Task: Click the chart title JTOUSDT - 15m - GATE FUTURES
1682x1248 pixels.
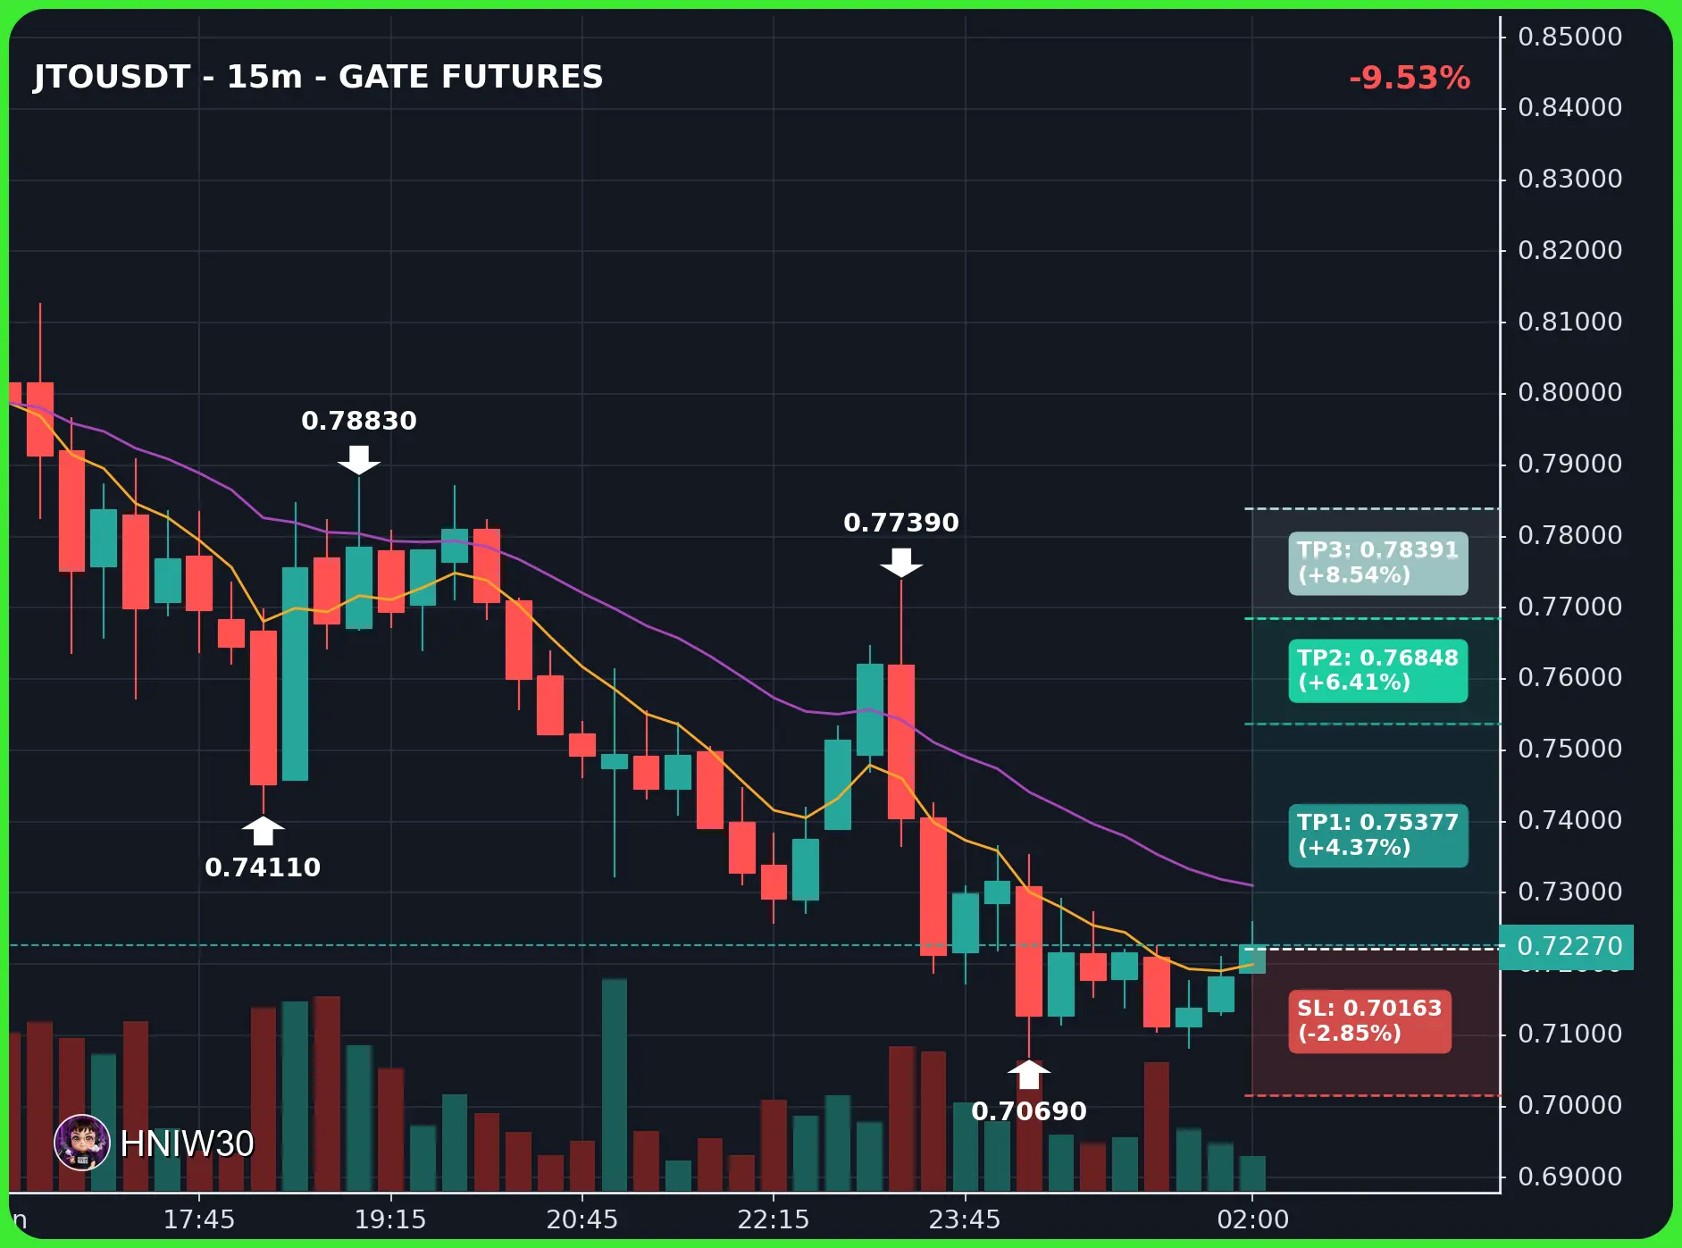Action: click(x=318, y=77)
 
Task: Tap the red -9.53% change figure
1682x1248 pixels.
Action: click(x=1410, y=78)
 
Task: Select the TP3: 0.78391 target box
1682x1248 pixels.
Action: click(x=1377, y=563)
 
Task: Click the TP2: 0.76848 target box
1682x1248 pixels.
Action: click(x=1377, y=670)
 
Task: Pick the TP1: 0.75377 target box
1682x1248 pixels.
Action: click(x=1377, y=835)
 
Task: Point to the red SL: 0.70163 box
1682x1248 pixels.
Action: click(x=1369, y=1021)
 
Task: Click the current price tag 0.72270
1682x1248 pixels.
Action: click(x=1568, y=946)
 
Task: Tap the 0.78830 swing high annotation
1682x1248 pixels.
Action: click(x=359, y=421)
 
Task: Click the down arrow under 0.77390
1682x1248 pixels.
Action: click(x=901, y=563)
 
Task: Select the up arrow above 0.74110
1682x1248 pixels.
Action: click(x=263, y=830)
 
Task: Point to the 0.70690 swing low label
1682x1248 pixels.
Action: click(x=1029, y=1111)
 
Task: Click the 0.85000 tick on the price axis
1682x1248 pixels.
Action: click(x=1569, y=37)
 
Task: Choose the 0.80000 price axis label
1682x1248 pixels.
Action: click(x=1569, y=392)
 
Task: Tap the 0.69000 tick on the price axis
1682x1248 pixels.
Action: click(x=1569, y=1177)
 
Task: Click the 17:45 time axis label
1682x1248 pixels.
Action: click(x=198, y=1219)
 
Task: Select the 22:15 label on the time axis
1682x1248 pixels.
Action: click(x=773, y=1219)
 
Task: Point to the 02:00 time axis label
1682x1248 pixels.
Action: click(x=1252, y=1219)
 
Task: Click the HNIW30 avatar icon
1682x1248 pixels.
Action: click(x=82, y=1143)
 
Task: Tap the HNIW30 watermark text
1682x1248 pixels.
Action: click(x=187, y=1143)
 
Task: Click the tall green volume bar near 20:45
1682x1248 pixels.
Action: click(x=614, y=1085)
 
